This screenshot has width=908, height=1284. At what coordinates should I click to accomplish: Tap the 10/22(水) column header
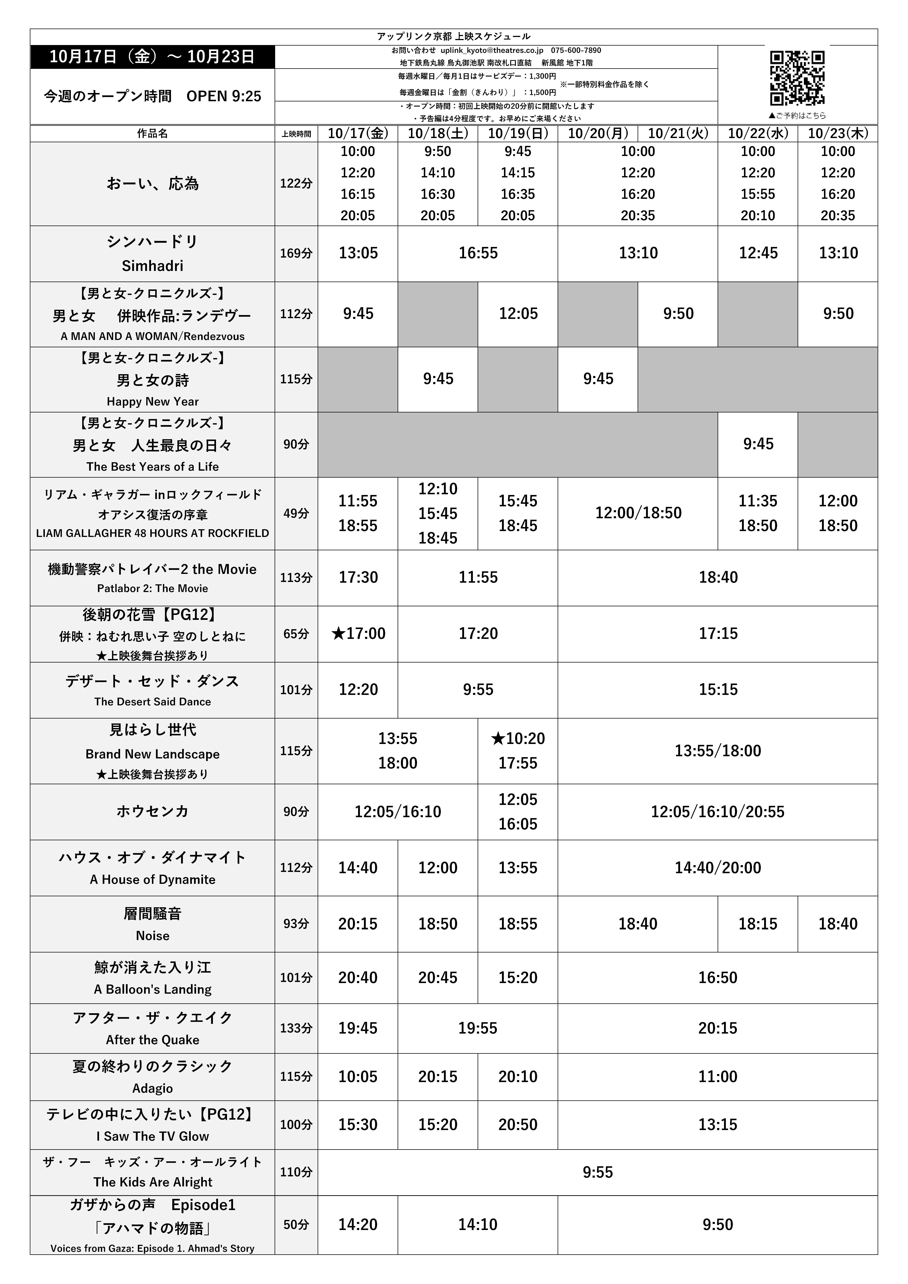[758, 133]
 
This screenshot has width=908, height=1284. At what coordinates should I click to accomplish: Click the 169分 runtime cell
[296, 253]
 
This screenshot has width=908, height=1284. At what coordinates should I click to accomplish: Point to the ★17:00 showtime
[358, 634]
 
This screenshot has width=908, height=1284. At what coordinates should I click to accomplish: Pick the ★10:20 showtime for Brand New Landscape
[518, 738]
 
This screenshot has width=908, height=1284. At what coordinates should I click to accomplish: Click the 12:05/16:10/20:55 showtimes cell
[717, 812]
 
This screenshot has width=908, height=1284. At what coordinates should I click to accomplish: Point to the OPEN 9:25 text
[224, 96]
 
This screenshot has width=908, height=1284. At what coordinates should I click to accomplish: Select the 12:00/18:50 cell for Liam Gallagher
[638, 513]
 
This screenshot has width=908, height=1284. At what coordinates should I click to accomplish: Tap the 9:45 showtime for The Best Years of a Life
[758, 444]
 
